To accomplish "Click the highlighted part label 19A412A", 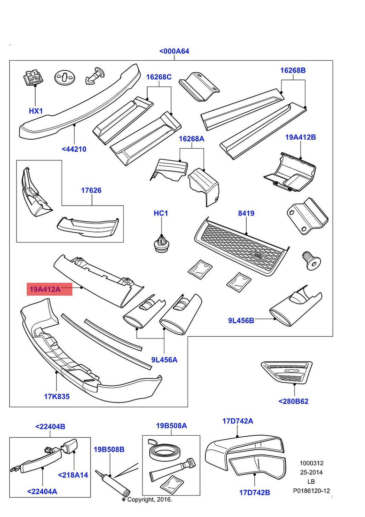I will click(x=45, y=289).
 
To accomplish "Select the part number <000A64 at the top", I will click(x=174, y=51).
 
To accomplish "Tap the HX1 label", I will click(x=35, y=111).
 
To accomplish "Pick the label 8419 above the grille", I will click(x=246, y=213).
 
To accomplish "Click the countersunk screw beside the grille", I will click(x=311, y=260).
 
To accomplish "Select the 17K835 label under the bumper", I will click(x=56, y=396).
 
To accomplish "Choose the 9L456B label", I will click(x=241, y=321).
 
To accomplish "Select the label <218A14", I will click(x=73, y=475).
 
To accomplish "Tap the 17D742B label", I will click(x=255, y=493).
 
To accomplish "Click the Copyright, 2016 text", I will click(x=149, y=499).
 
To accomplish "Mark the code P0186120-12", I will click(x=311, y=490).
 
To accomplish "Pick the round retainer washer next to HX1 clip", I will click(x=65, y=78).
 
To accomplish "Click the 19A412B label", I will click(x=300, y=137).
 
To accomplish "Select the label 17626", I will click(x=91, y=190).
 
